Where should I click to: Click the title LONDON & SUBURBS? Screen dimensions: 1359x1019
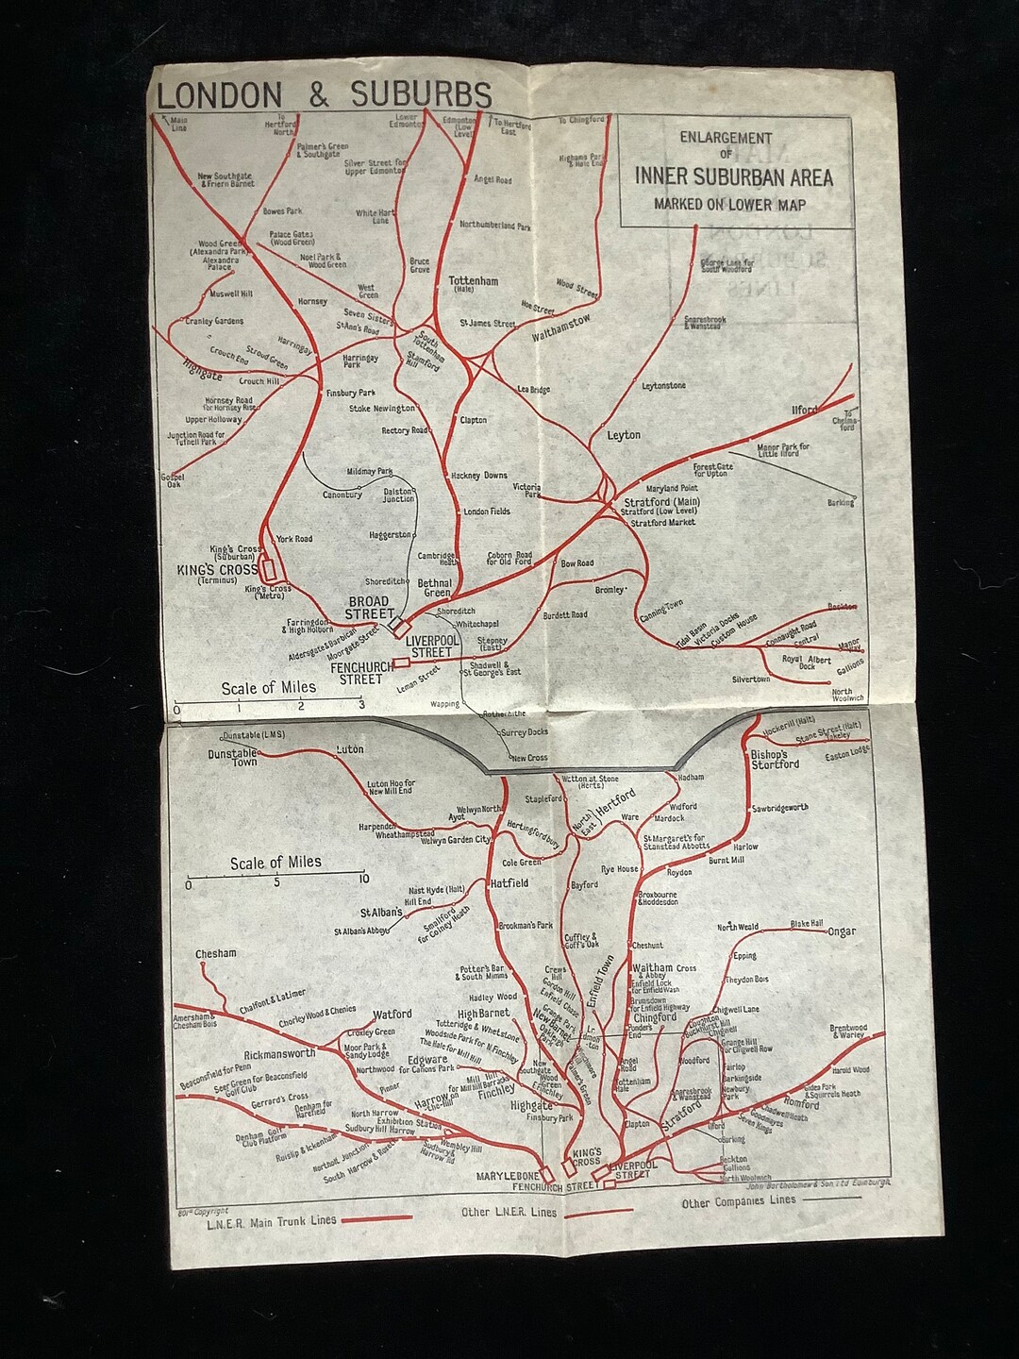click(x=324, y=94)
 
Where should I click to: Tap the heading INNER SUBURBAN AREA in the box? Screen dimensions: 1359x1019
click(x=733, y=176)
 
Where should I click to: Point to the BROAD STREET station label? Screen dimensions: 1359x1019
click(x=369, y=608)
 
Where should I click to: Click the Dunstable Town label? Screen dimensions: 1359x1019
click(x=233, y=757)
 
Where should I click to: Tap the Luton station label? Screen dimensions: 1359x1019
click(x=350, y=750)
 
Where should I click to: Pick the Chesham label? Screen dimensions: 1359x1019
click(x=216, y=954)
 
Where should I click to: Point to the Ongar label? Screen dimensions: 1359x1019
click(x=842, y=931)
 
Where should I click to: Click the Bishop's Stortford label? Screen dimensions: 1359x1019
click(x=776, y=760)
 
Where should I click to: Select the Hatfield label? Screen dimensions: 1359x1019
click(x=509, y=883)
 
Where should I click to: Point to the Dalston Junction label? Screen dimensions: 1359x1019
click(x=398, y=495)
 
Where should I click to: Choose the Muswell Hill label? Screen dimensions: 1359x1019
click(x=226, y=294)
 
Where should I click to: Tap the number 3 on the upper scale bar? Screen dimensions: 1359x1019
click(x=360, y=705)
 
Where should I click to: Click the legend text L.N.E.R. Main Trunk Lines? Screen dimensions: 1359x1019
click(x=271, y=1220)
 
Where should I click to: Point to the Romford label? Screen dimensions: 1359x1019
click(x=802, y=1103)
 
